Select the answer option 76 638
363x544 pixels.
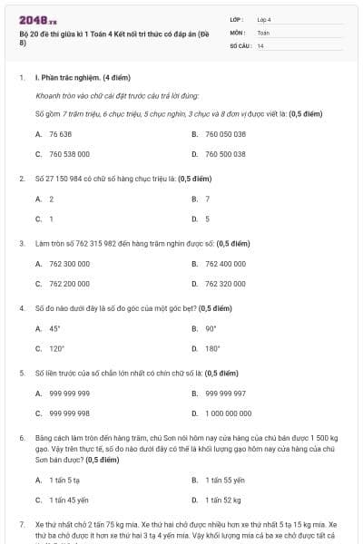point(60,133)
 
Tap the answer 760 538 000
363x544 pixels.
point(69,154)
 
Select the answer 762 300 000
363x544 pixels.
point(69,264)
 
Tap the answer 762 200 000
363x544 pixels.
point(69,284)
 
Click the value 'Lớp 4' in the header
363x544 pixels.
point(264,19)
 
